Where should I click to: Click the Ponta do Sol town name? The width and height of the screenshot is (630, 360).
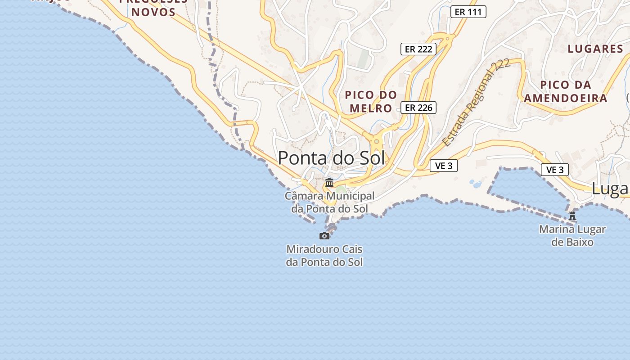[331, 158]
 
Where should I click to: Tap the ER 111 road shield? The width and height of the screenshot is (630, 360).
[468, 12]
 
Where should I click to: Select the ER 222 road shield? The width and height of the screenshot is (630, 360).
[418, 49]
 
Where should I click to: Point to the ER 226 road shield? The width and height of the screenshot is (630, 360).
[418, 108]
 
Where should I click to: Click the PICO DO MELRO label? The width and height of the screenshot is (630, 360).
[371, 101]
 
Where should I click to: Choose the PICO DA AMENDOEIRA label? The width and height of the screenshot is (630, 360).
[566, 91]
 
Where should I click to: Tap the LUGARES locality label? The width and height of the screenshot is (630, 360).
[595, 49]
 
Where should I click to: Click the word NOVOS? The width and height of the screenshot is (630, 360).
[153, 12]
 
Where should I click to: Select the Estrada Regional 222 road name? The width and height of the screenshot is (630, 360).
[476, 103]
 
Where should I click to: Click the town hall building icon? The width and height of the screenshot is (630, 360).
[329, 183]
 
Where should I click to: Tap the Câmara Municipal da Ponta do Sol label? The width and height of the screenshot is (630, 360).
[329, 202]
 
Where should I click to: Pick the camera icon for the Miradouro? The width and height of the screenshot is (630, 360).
[324, 236]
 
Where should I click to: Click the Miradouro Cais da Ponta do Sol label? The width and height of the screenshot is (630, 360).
[324, 255]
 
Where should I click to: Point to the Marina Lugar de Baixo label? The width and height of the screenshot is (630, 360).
[572, 235]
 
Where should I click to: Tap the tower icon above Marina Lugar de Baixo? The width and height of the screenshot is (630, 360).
[572, 216]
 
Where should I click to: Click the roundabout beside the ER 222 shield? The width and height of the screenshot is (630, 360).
[447, 39]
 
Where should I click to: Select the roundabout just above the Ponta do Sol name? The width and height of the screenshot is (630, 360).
[376, 141]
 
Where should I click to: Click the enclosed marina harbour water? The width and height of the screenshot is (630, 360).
[526, 187]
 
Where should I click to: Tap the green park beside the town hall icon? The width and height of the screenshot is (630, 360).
[341, 190]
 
